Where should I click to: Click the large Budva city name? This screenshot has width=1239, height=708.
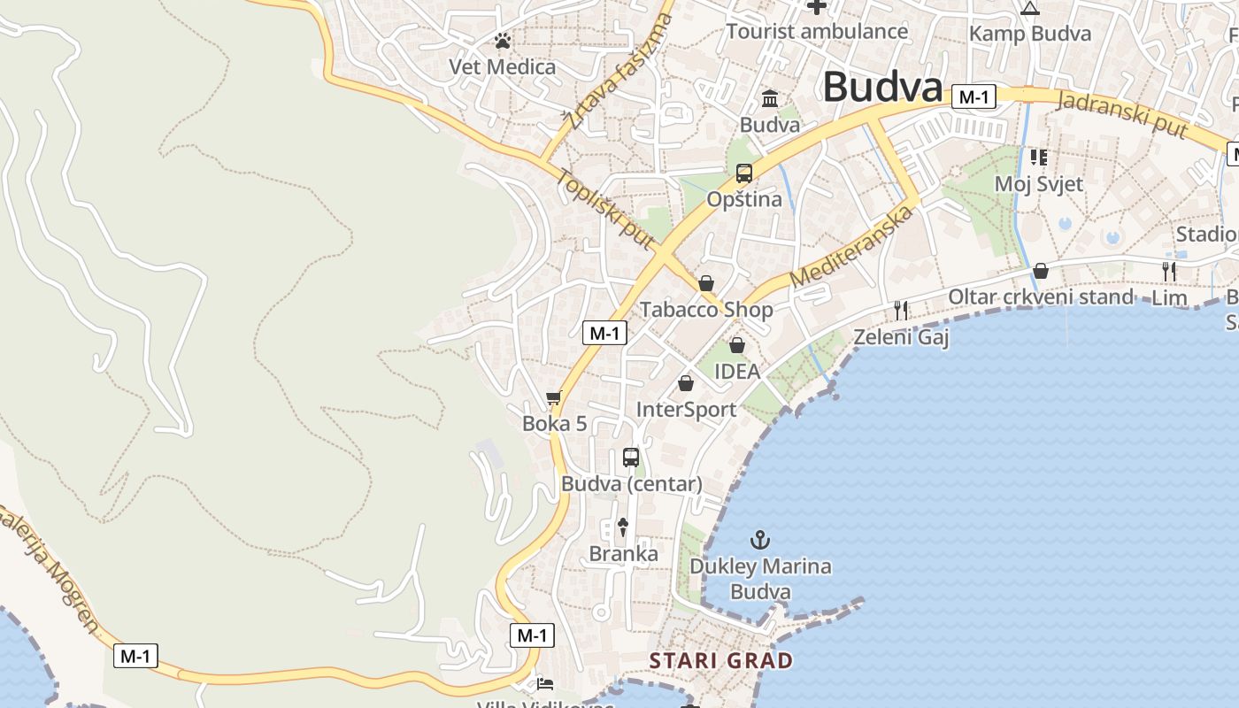point(882,88)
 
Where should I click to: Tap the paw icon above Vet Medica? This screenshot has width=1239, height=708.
point(503,41)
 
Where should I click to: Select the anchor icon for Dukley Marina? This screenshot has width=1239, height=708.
point(759,539)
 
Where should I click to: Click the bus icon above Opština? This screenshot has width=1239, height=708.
point(744,173)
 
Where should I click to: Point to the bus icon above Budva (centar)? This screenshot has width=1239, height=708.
point(631,458)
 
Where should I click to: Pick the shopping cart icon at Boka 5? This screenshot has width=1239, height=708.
point(554,398)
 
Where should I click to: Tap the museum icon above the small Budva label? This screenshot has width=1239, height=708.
point(770,98)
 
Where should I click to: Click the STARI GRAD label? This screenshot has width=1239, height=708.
point(721,660)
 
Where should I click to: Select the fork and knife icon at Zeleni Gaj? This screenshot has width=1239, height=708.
point(901,310)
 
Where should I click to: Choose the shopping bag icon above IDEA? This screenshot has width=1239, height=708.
point(736,345)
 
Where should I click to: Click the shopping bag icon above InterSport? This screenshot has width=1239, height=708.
point(686,383)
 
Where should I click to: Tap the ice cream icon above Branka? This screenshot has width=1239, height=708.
point(623,527)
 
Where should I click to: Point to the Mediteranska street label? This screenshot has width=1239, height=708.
point(851,247)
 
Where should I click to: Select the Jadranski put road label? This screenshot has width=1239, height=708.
point(1121,114)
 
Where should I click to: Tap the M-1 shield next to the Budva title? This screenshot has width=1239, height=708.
point(973,96)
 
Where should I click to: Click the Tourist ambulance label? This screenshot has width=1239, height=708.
point(817,32)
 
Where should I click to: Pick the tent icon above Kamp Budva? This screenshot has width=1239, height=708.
point(1029,9)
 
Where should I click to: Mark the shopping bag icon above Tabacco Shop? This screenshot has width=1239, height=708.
point(706,283)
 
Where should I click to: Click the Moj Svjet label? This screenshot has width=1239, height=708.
point(1039,184)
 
